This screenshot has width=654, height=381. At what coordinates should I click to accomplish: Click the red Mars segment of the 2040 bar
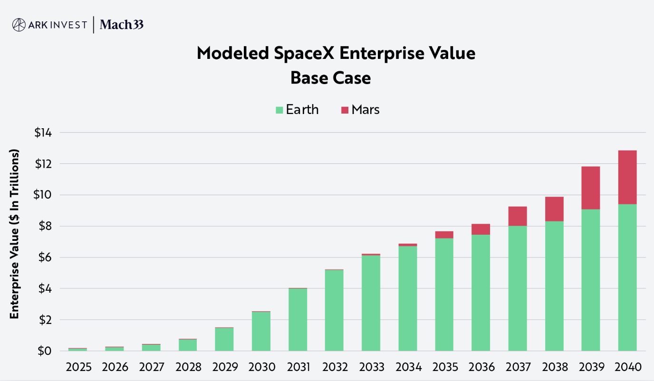point(627,177)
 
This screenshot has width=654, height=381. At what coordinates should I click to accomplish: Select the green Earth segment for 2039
point(590,280)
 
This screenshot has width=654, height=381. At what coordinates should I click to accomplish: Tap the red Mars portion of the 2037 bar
point(517,216)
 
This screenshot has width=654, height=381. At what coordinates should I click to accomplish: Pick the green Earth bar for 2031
point(298,320)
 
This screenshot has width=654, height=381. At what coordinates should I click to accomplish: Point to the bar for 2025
point(77,349)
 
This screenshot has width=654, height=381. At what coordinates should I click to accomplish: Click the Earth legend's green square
point(279,110)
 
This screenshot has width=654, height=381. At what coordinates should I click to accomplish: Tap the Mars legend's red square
point(345,110)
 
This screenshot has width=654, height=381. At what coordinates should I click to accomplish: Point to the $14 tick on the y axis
point(43,133)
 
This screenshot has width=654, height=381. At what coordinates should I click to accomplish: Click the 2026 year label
point(114,367)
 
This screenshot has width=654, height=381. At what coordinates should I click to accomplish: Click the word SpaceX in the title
point(306,53)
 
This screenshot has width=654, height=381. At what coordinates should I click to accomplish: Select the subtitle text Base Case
point(330,77)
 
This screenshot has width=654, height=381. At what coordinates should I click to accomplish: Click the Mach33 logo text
point(122,25)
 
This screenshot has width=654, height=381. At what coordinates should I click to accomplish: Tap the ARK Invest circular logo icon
point(19,25)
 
